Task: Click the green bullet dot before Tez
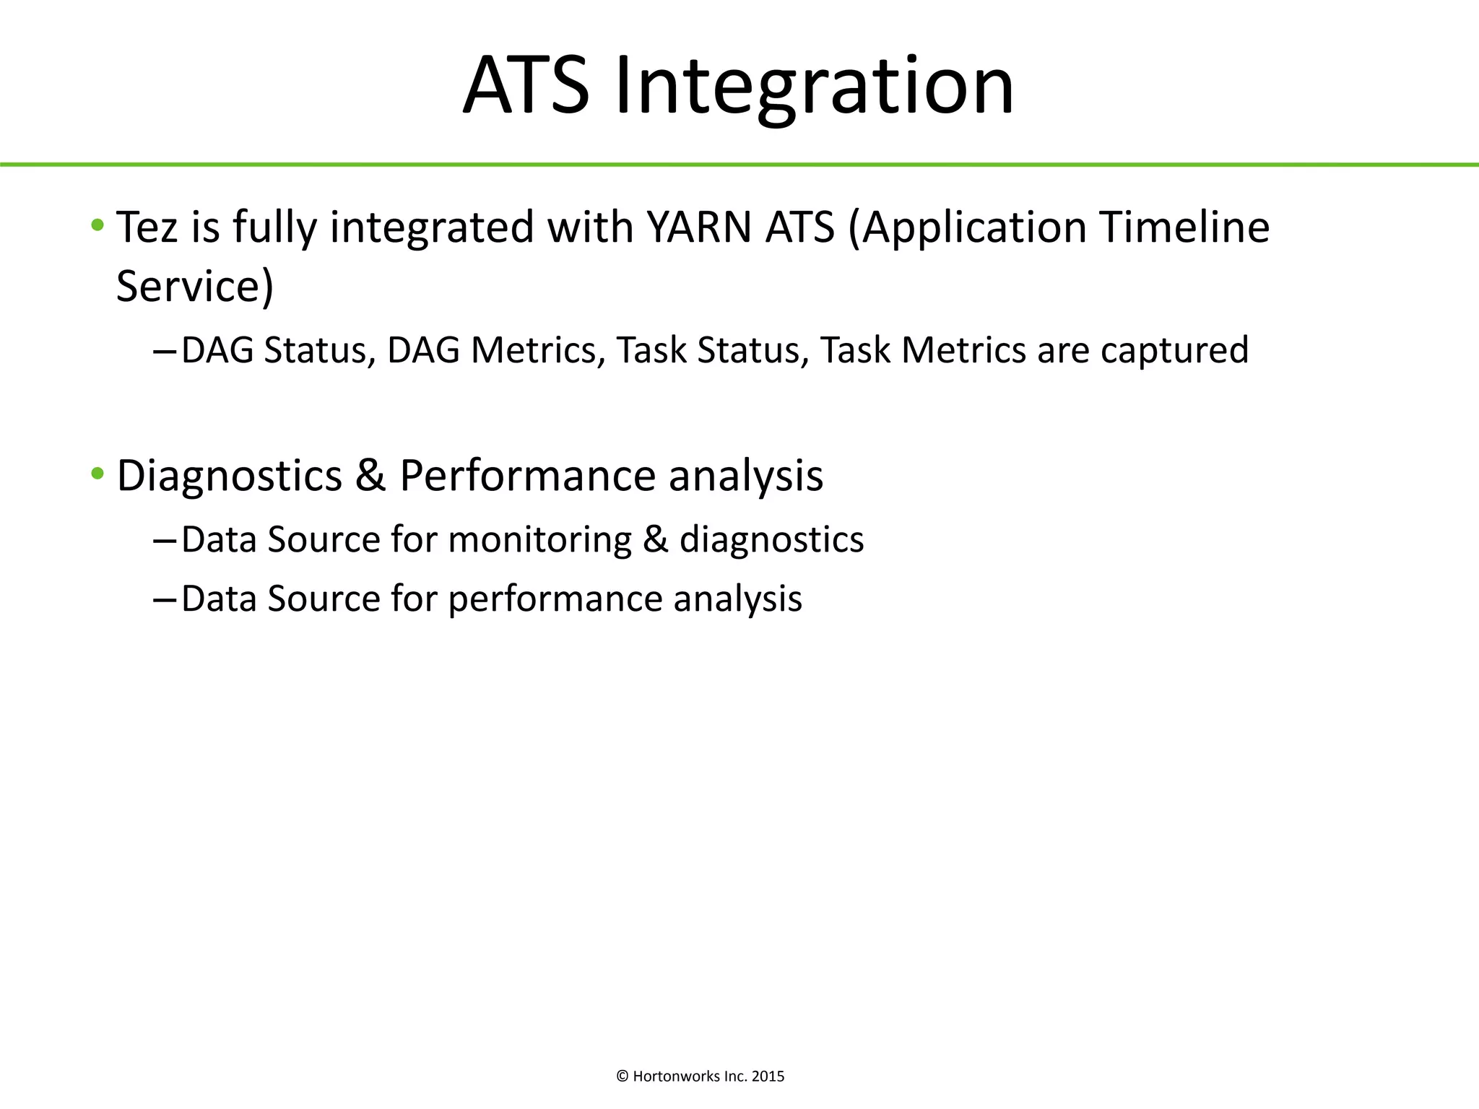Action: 97,225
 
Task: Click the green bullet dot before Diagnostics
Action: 97,474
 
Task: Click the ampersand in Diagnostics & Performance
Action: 370,476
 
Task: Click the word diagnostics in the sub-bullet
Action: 771,540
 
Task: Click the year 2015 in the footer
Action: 768,1077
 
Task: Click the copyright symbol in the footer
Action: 623,1077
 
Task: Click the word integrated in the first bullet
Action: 432,228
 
